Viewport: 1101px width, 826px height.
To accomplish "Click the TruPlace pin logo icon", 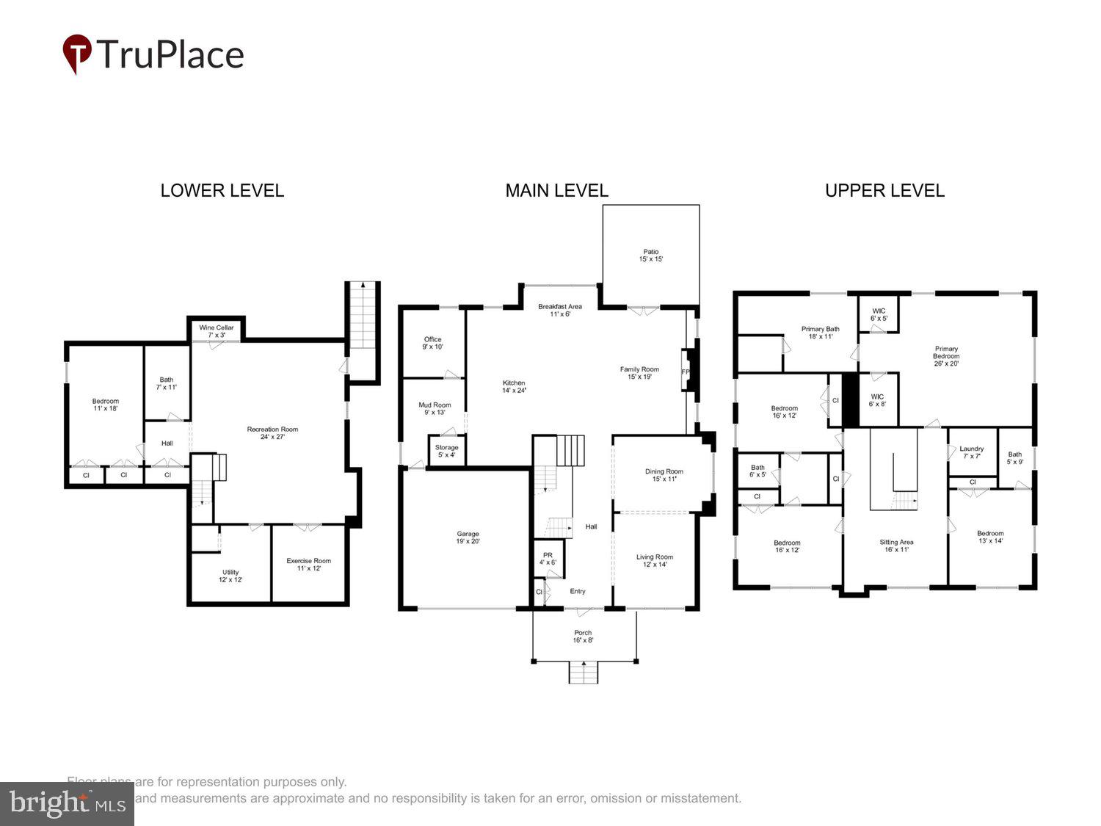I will coord(77,54).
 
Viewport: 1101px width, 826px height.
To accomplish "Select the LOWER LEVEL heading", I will coord(222,191).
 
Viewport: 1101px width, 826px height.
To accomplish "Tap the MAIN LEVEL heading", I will coord(556,191).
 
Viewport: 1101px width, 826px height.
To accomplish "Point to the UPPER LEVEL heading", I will coord(884,191).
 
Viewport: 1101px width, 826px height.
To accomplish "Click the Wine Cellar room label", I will coord(217,331).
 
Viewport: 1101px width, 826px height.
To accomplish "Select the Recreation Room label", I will coord(272,432).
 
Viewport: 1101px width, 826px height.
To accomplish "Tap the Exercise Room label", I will coord(308,564).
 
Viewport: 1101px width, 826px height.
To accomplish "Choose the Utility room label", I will coord(230,576).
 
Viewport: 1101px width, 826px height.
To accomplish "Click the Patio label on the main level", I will coord(650,256).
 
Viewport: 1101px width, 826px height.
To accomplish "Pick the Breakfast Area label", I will coord(560,311).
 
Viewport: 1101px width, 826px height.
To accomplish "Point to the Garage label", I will coord(468,537).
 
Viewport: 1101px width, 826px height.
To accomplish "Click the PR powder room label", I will coord(548,559).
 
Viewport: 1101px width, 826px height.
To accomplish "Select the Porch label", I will coord(583,636).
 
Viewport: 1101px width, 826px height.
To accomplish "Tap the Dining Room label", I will coord(664,475).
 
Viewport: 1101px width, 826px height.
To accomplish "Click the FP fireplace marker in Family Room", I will coord(686,372).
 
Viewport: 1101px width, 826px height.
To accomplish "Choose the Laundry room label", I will coord(971,452).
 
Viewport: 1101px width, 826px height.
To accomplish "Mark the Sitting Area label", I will coord(896,546).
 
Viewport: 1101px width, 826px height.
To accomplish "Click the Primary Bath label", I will coord(820,333).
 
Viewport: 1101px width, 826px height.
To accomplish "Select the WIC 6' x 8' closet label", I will coord(877,400).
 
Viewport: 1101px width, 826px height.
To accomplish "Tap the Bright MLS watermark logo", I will coord(67,804).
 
